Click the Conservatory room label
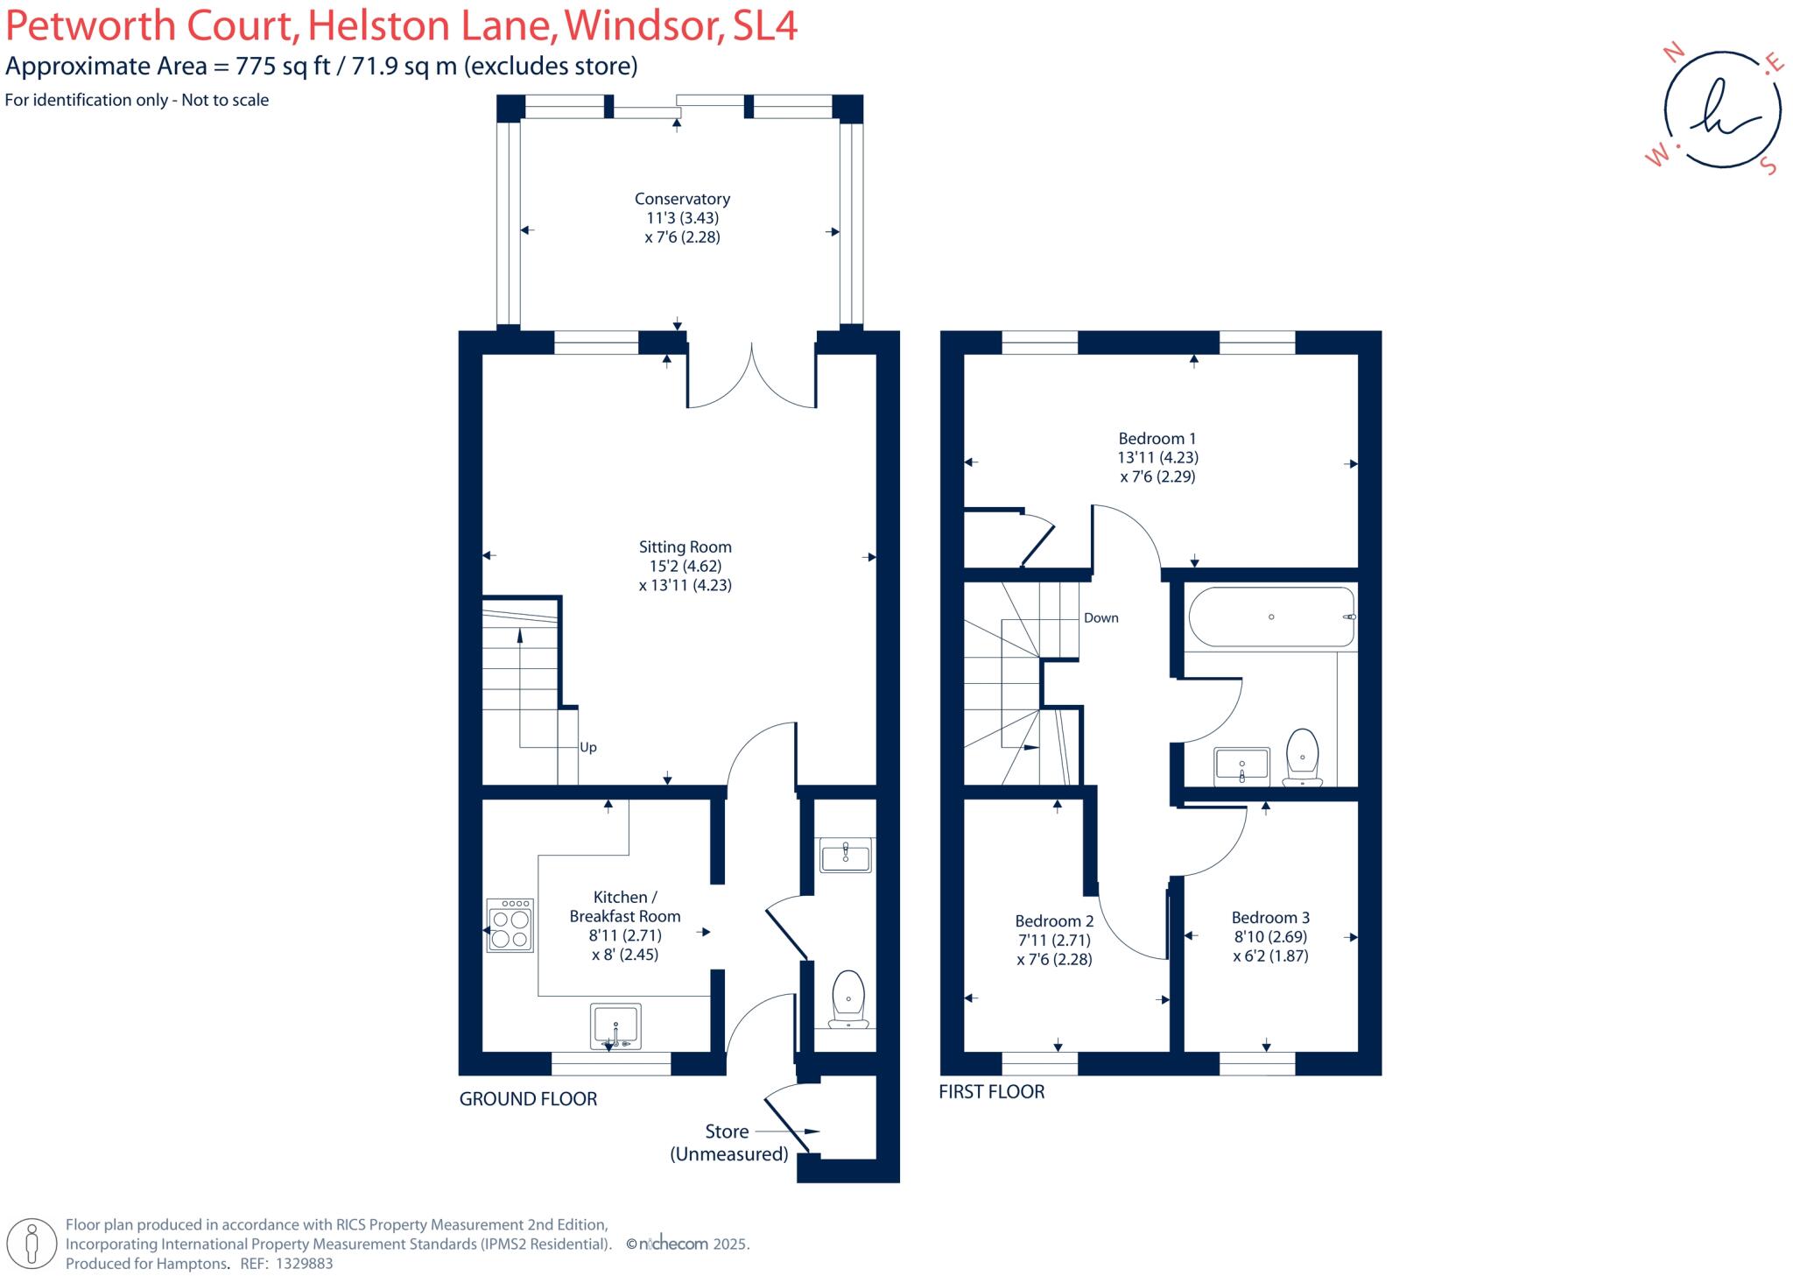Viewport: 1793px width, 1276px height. [x=682, y=199]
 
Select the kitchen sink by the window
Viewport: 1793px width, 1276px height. [x=616, y=1026]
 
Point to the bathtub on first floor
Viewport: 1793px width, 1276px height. [x=1270, y=617]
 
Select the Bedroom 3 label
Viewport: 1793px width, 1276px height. [x=1270, y=917]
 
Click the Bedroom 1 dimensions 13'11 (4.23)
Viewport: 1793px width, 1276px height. [x=1157, y=457]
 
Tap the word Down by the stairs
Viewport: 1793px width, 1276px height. [x=1100, y=617]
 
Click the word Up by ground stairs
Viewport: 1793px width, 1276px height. [x=588, y=747]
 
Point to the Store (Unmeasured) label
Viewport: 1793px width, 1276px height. [x=728, y=1143]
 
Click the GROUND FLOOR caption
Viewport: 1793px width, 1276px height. [x=528, y=1098]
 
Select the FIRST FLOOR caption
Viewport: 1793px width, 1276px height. [x=991, y=1091]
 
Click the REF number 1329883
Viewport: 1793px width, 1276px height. [x=305, y=1264]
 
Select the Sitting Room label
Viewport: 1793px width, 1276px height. [x=685, y=546]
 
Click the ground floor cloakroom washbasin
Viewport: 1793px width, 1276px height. [x=846, y=855]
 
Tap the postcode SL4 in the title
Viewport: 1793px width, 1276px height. [x=765, y=26]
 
